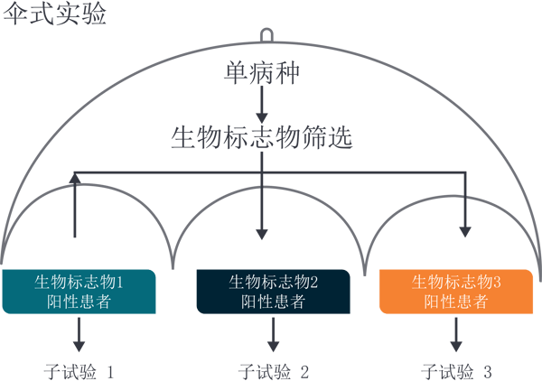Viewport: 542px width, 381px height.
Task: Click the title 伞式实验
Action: pyautogui.click(x=55, y=14)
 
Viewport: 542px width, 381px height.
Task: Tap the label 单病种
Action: pyautogui.click(x=262, y=72)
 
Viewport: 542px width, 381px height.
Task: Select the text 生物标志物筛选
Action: pyautogui.click(x=261, y=137)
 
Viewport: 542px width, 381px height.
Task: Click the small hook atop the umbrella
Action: pyautogui.click(x=266, y=34)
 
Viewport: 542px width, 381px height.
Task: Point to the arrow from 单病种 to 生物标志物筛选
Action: pyautogui.click(x=262, y=106)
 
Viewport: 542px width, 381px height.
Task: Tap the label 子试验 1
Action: pyautogui.click(x=79, y=371)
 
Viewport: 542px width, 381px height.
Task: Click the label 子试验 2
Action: pyautogui.click(x=273, y=371)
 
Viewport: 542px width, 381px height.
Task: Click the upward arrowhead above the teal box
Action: pyautogui.click(x=75, y=178)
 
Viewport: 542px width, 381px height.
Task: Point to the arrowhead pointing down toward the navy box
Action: pyautogui.click(x=262, y=232)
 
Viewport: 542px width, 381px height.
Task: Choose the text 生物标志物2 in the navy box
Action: pyautogui.click(x=274, y=282)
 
